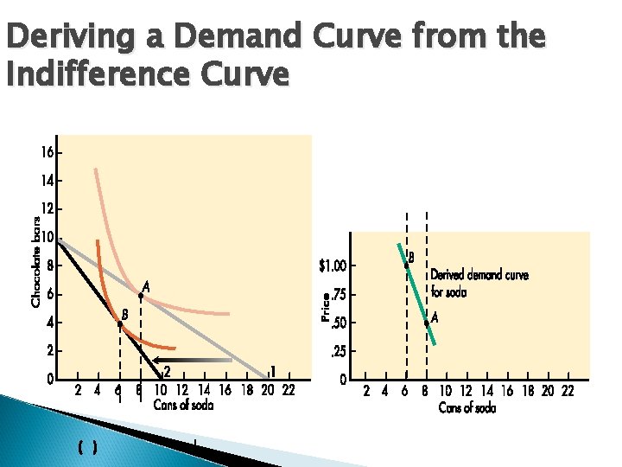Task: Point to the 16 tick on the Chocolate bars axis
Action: pyautogui.click(x=46, y=152)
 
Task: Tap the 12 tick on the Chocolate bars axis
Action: pyautogui.click(x=46, y=209)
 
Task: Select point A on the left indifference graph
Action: pyautogui.click(x=141, y=295)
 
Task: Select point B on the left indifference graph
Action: pyautogui.click(x=120, y=323)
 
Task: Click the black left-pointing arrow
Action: pyautogui.click(x=199, y=359)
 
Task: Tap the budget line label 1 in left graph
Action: pyautogui.click(x=273, y=371)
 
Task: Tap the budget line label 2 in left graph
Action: pyautogui.click(x=168, y=371)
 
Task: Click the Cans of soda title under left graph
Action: pyautogui.click(x=183, y=405)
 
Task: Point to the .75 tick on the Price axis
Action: pyautogui.click(x=340, y=295)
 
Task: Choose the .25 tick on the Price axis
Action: pyautogui.click(x=340, y=351)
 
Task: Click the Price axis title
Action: pyautogui.click(x=326, y=307)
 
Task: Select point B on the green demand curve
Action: pyautogui.click(x=406, y=265)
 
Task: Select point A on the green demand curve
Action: pyautogui.click(x=427, y=323)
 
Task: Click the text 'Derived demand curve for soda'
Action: pyautogui.click(x=479, y=284)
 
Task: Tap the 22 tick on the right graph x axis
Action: pyautogui.click(x=568, y=391)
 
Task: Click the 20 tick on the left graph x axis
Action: pyautogui.click(x=268, y=391)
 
